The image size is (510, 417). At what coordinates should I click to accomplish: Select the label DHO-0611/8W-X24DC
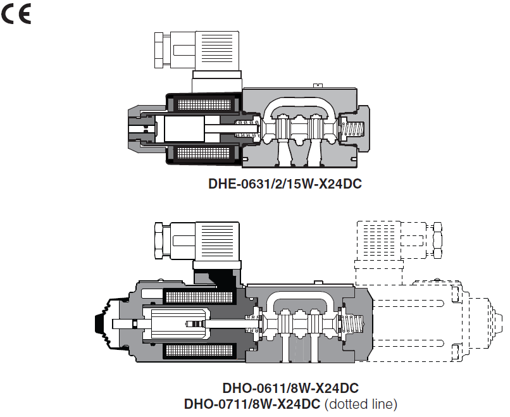coord(290,388)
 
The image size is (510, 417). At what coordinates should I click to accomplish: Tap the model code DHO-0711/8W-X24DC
coord(252,403)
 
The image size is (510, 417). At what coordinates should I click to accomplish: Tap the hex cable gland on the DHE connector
coord(163,49)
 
